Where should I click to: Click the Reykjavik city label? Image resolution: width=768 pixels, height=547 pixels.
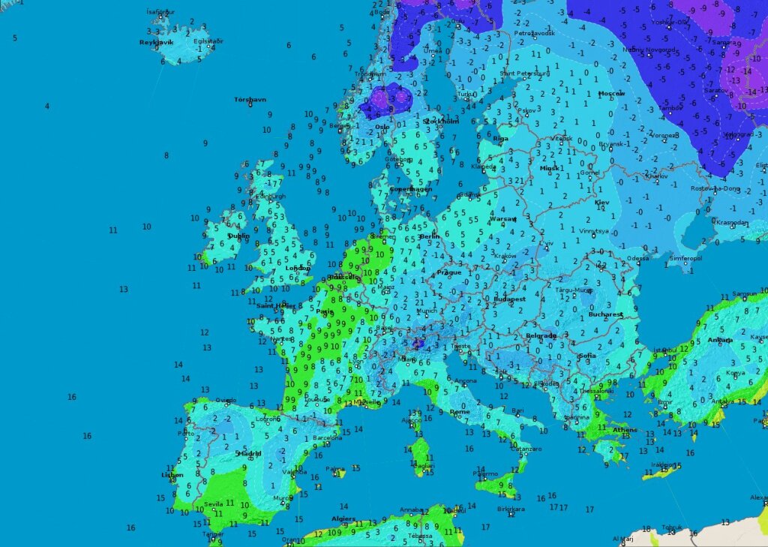coord(156,43)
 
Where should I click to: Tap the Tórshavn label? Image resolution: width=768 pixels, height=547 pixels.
coord(250,99)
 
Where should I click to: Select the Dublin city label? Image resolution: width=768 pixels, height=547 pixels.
coord(238,236)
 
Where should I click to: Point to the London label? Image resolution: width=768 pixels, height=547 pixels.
coord(298,268)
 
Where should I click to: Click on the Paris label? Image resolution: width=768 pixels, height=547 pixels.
coord(325,311)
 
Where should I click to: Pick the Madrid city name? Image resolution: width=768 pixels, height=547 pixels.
coord(250,453)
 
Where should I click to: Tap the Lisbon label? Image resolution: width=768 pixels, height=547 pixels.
coord(172,475)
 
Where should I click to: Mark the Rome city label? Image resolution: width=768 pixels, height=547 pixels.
coord(460,411)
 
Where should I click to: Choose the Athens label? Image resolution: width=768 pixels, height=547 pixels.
coord(624,430)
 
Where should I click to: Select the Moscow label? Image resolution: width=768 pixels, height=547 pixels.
coord(611,93)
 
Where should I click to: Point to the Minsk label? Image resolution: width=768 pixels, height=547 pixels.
coord(550,168)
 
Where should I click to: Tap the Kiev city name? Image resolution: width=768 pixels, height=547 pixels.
coord(602,203)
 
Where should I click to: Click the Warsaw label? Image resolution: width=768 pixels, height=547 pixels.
coord(503,219)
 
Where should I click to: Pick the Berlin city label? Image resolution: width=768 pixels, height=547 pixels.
coord(430,236)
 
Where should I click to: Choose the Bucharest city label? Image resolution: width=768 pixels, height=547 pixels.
coord(606,314)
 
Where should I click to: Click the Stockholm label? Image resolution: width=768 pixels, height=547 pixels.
coord(440,121)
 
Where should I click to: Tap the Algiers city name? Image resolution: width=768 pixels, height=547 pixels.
coord(344,518)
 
